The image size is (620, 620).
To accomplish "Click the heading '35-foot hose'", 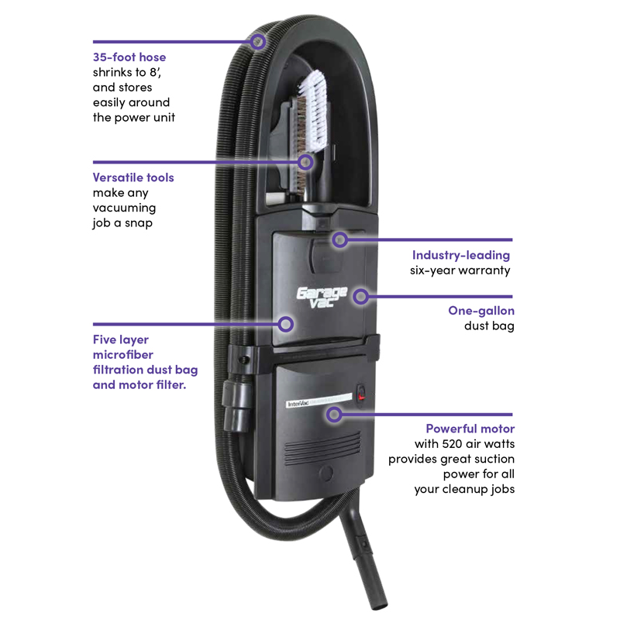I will coord(129,57).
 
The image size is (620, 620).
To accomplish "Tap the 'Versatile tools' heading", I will coord(133,177).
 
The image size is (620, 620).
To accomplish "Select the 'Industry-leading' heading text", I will coord(461,255).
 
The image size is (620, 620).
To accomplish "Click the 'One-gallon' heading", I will coord(481,311).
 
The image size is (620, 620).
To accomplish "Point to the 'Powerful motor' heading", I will coord(470,429).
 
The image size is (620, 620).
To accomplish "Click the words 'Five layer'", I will coord(121,339).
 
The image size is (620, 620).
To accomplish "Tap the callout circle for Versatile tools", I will coord(305,162).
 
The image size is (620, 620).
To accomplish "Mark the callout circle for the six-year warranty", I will coord(339,239).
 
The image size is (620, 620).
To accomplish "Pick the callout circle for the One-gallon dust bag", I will coord(362,296).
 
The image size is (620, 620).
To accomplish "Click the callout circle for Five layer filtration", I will coord(287,323).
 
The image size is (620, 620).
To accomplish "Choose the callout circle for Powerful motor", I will coord(334,415).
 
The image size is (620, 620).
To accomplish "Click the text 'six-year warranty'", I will coord(460,270).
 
